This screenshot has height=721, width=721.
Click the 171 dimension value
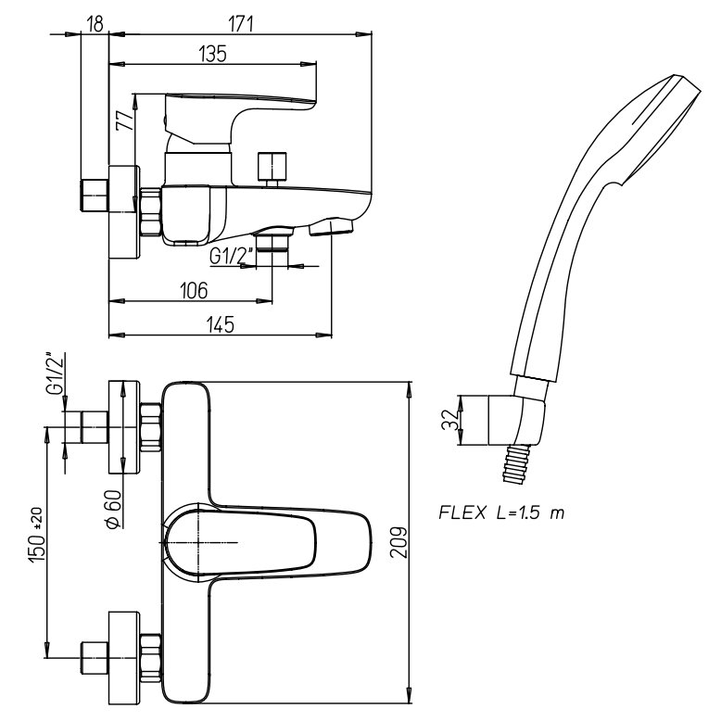pos(243,23)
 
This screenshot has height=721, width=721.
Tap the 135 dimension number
pos(212,54)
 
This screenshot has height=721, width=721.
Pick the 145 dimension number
pos(220,323)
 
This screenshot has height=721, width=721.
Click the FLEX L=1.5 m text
pos(500,513)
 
